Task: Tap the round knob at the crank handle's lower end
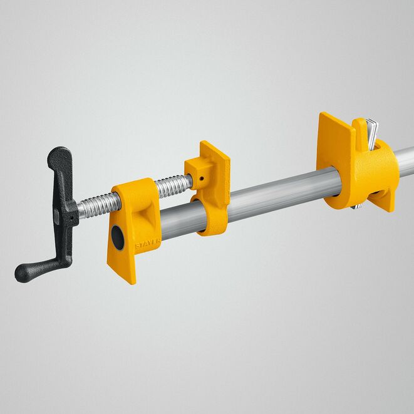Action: coord(24,272)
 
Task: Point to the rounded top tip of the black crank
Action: coord(60,153)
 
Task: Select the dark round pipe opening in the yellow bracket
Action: coord(118,236)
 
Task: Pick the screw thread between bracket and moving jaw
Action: coord(172,185)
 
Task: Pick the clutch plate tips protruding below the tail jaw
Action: coord(357,205)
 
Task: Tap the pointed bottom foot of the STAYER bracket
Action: coord(125,275)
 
